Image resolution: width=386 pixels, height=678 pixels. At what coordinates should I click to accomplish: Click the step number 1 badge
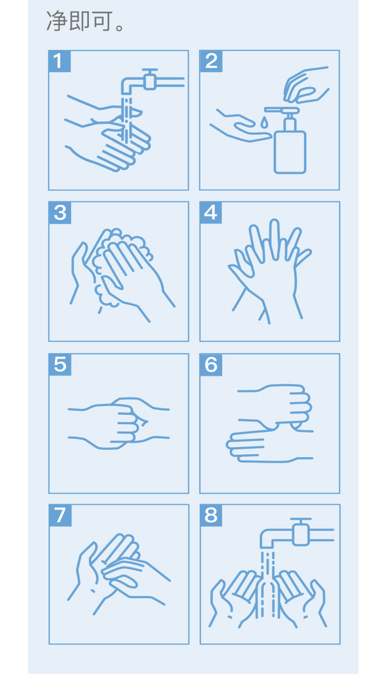(x=59, y=61)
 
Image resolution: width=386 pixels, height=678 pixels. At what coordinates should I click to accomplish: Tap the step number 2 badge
(x=211, y=61)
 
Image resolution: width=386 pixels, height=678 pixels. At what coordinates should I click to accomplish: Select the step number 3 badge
(x=60, y=212)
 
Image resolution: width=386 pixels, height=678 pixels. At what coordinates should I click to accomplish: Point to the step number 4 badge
(x=211, y=212)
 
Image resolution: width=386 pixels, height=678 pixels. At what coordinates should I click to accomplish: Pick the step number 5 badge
(x=60, y=364)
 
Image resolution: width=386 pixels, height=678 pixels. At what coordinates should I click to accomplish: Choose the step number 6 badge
(x=211, y=364)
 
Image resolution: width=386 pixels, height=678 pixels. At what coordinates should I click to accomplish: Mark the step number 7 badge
(x=60, y=515)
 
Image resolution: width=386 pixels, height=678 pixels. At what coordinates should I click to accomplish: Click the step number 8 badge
(x=211, y=515)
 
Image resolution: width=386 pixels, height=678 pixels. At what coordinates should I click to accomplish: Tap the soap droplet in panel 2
(x=264, y=122)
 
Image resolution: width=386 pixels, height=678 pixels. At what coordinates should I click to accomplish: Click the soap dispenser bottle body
(x=290, y=152)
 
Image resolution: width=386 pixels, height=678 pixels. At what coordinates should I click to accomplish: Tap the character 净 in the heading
(x=56, y=21)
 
